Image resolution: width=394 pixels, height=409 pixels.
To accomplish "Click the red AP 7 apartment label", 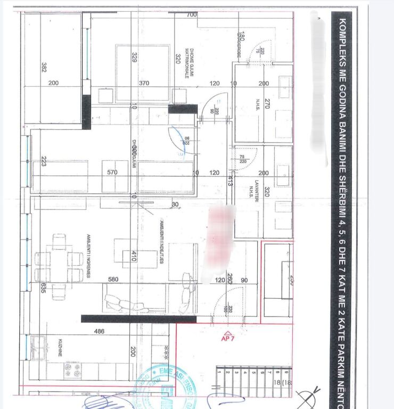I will coord(227,338).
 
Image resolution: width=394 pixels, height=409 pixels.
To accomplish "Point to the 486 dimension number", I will coord(100,331).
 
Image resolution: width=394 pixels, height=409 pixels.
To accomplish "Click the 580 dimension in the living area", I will coord(112,279).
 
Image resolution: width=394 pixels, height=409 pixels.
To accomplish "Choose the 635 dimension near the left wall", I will coord(43,288).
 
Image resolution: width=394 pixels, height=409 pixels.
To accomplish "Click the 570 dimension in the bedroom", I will coord(112,173).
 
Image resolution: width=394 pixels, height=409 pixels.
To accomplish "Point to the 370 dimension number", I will coord(144,84).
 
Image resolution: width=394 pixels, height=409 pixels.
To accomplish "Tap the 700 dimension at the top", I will coord(192,15).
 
